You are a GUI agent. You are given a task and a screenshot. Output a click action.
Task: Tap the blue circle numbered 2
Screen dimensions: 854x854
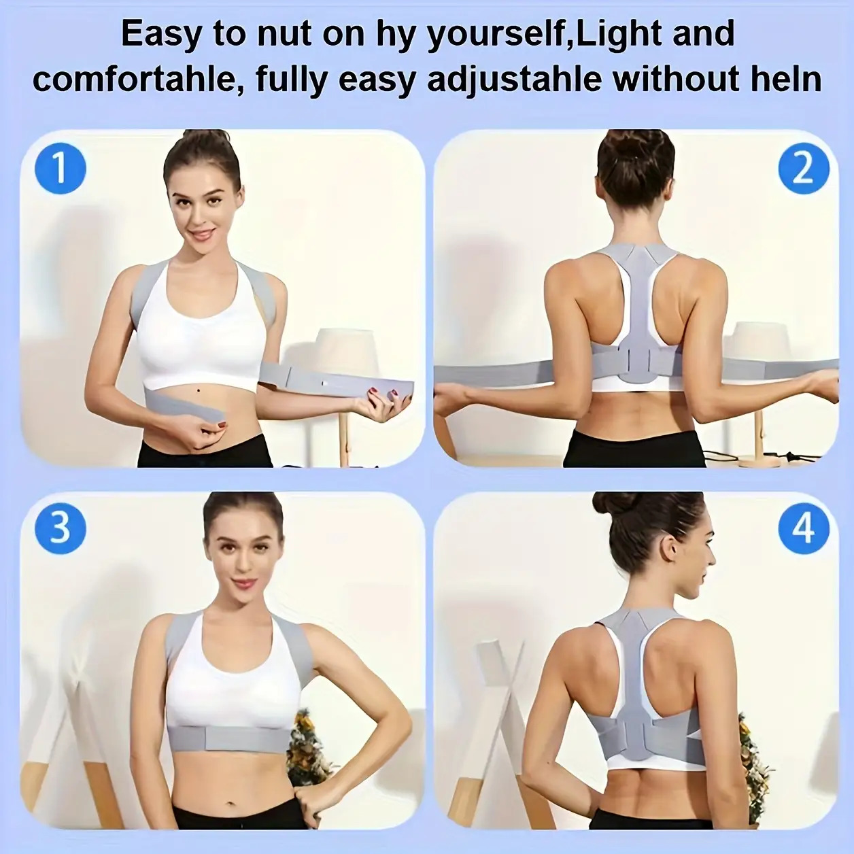(804, 170)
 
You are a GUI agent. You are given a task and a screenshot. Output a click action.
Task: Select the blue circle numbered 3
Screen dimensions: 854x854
(59, 530)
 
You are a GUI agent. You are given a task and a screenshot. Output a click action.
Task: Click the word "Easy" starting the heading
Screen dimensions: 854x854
(161, 34)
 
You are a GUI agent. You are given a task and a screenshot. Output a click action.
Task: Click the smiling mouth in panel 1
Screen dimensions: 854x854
(205, 233)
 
